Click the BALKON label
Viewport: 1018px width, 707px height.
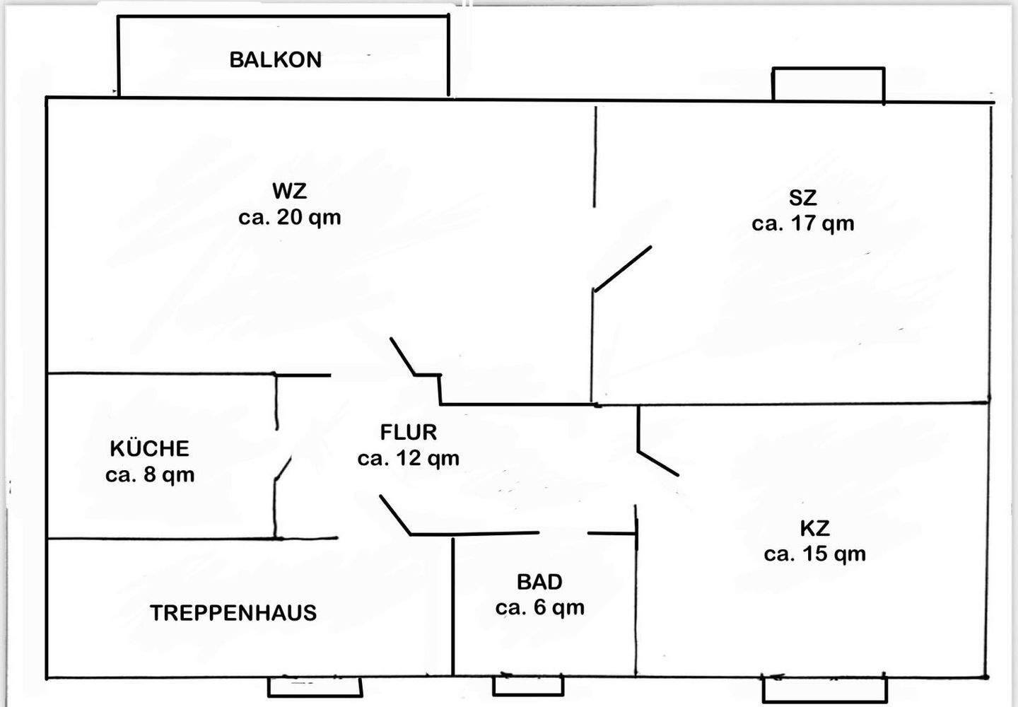(276, 59)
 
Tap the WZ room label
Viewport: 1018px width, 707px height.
(290, 191)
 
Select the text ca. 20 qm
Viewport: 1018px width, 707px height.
(290, 217)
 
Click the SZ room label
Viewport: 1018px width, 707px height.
(803, 197)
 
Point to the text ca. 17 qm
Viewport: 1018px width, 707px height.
(803, 223)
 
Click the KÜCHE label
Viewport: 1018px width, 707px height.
(150, 448)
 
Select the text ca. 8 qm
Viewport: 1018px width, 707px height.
(150, 474)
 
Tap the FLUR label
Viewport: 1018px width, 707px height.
(409, 432)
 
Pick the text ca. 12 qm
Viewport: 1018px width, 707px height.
(409, 458)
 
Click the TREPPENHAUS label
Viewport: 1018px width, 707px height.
(233, 612)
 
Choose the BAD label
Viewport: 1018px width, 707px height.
(539, 582)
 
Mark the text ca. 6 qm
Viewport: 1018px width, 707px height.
(539, 607)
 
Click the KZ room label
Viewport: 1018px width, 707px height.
(814, 528)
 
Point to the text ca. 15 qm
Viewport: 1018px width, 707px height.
(814, 554)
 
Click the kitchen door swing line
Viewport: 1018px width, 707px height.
(283, 469)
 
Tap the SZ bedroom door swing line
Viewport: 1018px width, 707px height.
(623, 269)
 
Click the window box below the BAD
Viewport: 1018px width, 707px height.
(528, 686)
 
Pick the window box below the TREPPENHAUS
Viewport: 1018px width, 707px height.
(315, 687)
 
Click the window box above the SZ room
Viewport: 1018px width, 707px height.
(829, 85)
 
